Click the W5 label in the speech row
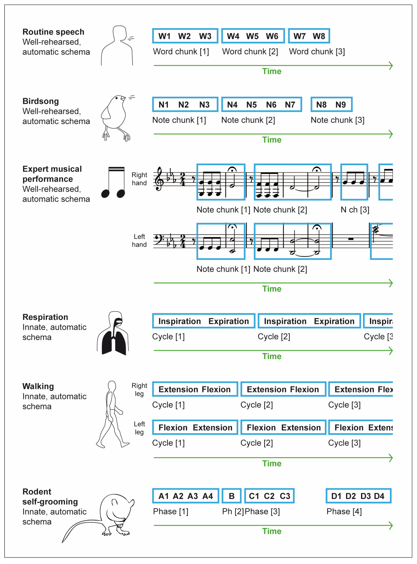(x=252, y=36)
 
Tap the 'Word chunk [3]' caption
(x=317, y=52)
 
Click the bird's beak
(x=123, y=98)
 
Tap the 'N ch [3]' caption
(x=355, y=210)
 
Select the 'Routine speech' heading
(x=53, y=32)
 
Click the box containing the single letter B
(x=232, y=496)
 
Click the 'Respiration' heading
(x=45, y=317)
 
